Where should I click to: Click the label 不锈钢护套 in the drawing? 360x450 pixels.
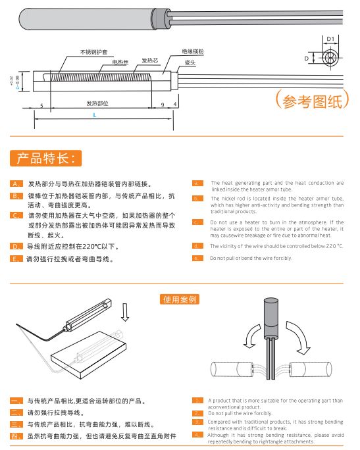(x=93, y=52)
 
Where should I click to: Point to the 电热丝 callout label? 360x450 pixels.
(x=119, y=62)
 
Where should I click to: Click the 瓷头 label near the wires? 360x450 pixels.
(x=190, y=62)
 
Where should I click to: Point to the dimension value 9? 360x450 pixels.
(x=162, y=105)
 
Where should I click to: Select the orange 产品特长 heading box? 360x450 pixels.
(x=46, y=159)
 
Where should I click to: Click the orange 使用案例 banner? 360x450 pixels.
(x=180, y=299)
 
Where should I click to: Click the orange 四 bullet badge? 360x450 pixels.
(x=17, y=436)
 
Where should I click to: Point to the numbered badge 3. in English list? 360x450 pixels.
(x=197, y=421)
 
